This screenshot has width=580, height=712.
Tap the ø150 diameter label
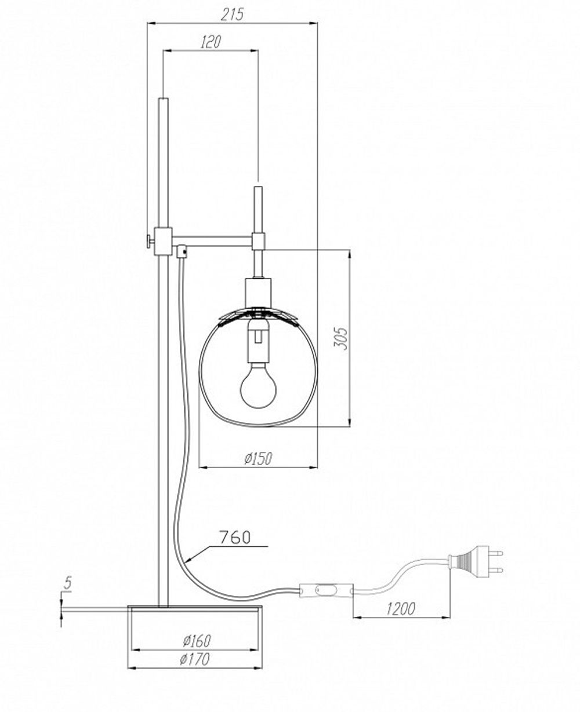point(258,458)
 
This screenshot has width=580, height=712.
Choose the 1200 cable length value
point(400,609)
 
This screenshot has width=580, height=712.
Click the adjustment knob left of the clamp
point(148,240)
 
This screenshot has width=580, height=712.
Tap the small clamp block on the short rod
point(259,240)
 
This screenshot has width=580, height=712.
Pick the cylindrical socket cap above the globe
point(259,291)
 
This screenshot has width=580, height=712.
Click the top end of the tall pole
point(163,100)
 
